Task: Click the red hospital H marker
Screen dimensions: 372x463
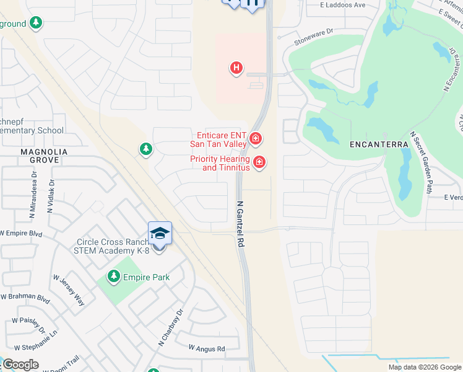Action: click(236, 68)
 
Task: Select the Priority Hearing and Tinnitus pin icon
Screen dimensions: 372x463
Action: click(259, 163)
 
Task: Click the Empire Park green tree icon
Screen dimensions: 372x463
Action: click(113, 276)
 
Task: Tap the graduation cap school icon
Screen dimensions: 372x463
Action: click(160, 233)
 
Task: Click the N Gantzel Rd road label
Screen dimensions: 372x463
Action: click(240, 223)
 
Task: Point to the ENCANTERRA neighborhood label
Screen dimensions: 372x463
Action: click(379, 144)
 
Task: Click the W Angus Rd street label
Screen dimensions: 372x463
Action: click(207, 349)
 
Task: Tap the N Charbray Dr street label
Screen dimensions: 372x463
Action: click(163, 327)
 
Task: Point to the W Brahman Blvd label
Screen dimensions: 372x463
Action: click(25, 298)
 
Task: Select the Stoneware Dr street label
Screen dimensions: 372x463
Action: click(314, 37)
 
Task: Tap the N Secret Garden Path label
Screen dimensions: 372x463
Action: click(420, 162)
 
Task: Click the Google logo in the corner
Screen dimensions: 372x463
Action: click(20, 365)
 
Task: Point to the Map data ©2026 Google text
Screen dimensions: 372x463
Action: click(425, 367)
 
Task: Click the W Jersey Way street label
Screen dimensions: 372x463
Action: click(68, 291)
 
